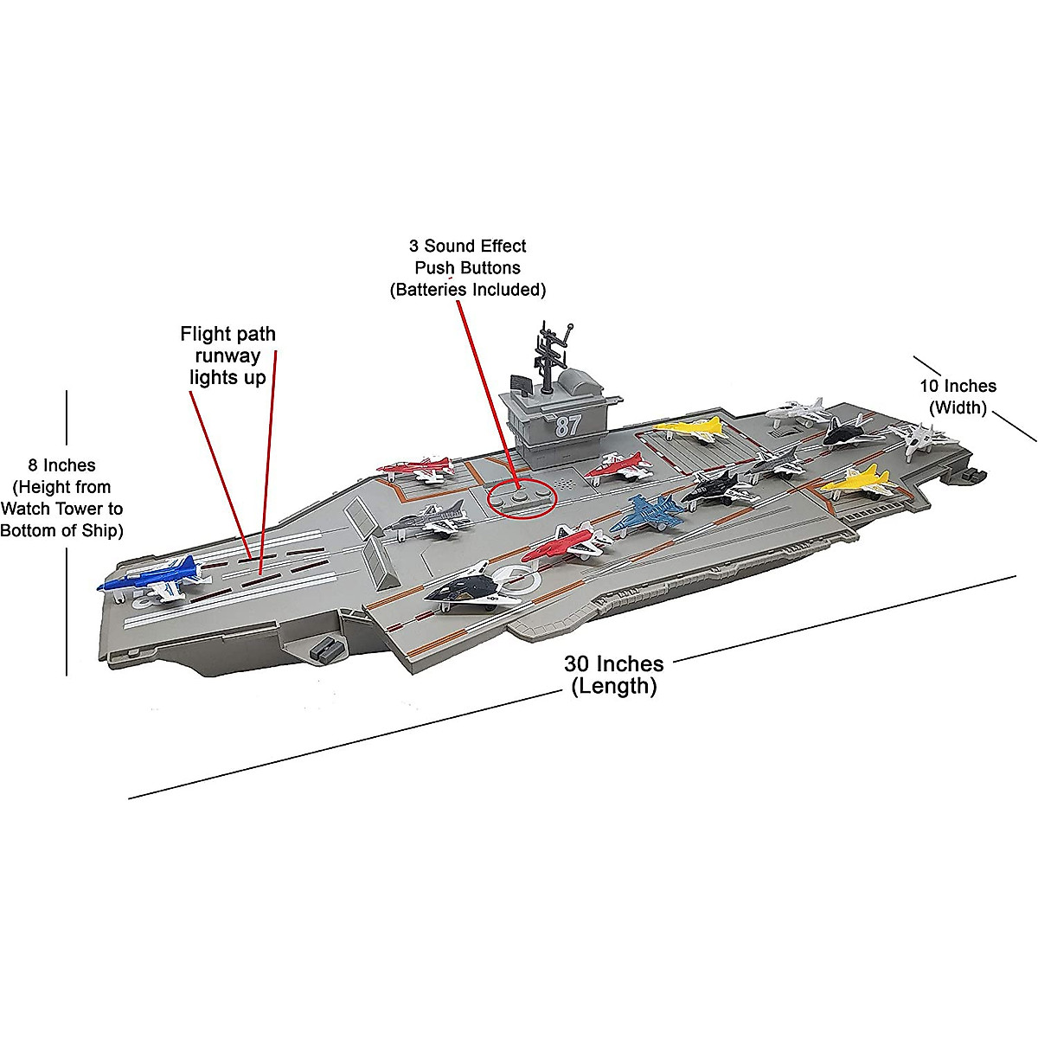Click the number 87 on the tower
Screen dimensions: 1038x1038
pos(568,425)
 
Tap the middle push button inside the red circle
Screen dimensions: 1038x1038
pos(519,497)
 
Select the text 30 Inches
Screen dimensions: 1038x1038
pos(613,663)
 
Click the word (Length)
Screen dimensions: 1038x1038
pos(613,687)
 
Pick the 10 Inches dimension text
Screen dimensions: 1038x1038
pos(958,386)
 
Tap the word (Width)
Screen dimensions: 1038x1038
pos(958,407)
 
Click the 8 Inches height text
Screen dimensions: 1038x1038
pos(61,465)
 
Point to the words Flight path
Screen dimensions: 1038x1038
pos(227,334)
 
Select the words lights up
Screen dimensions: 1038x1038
pos(227,378)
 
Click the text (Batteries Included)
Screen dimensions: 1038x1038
pos(467,290)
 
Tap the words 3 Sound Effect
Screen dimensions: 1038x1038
pos(467,246)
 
